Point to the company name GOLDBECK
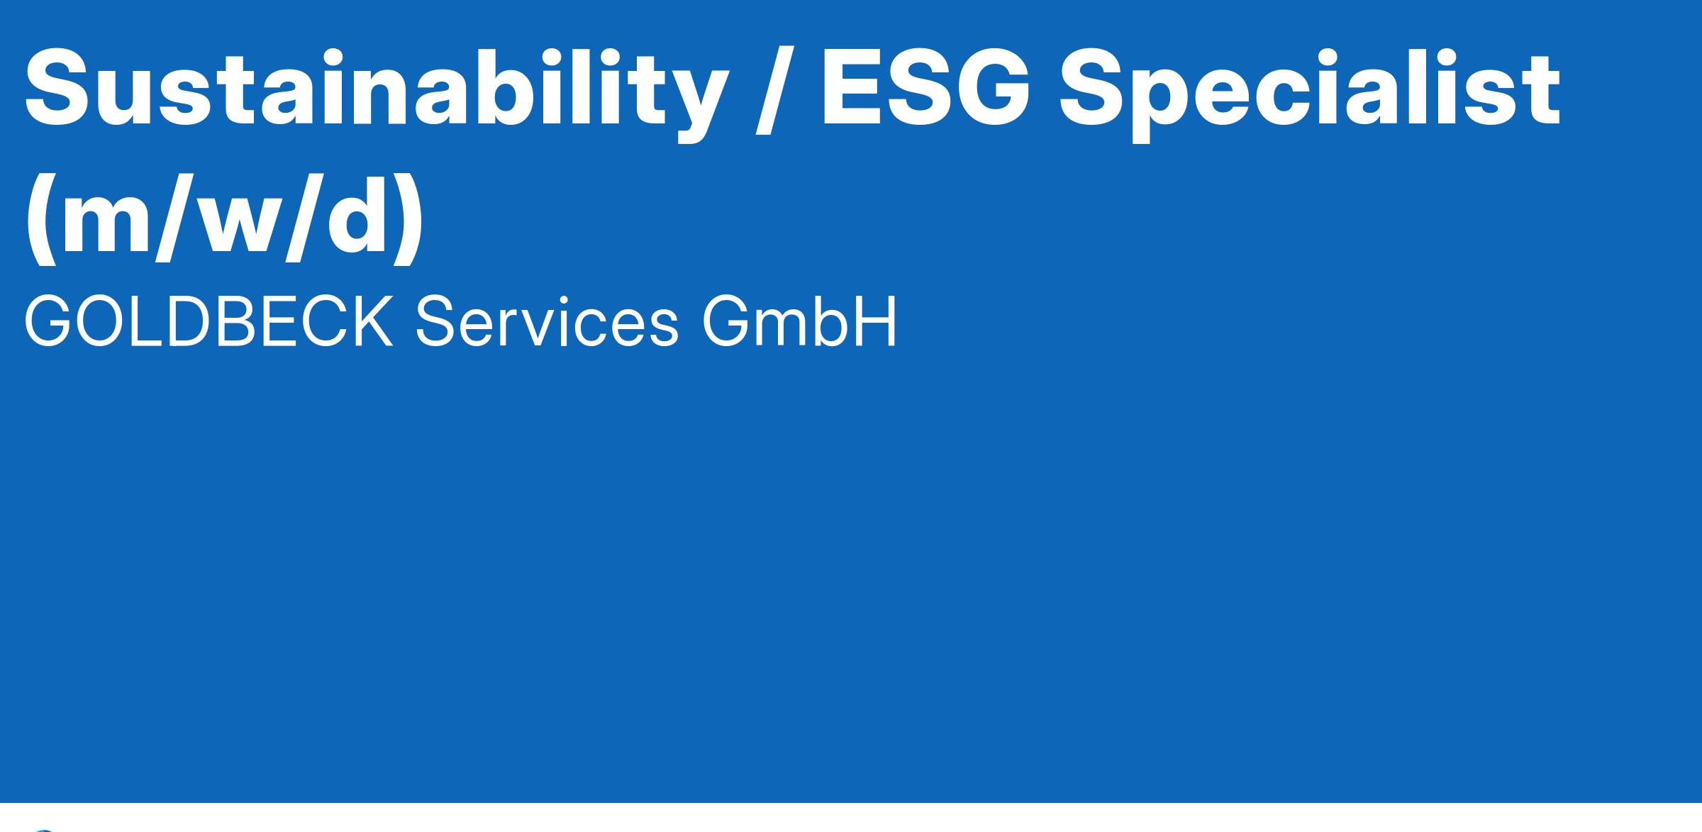208,323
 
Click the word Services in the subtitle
547,323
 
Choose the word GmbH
799,323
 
